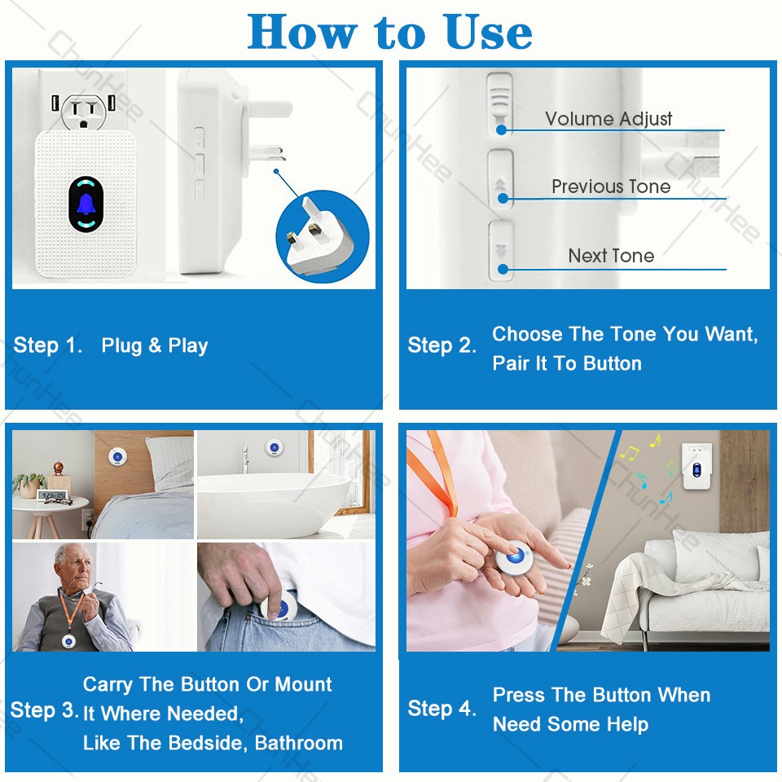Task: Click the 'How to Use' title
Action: point(390,32)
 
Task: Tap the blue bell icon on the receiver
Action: point(86,204)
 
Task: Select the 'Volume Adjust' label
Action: point(608,119)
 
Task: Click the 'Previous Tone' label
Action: point(611,187)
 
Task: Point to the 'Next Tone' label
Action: point(611,256)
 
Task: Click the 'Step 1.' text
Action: point(48,345)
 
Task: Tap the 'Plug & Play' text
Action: point(155,345)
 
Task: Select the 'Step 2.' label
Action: point(442,345)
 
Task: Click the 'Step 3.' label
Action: point(44,710)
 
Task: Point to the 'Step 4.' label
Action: point(442,708)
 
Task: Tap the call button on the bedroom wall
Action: point(117,456)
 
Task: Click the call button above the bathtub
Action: point(275,447)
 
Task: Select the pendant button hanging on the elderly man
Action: point(68,641)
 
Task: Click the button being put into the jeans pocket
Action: point(279,605)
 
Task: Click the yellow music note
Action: point(630,452)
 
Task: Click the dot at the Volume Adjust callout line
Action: point(502,130)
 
